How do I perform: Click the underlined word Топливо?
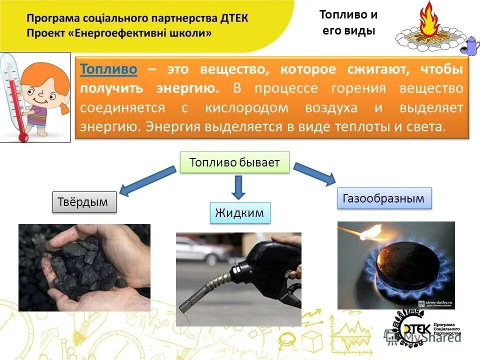(108, 69)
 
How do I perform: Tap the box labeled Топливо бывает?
(234, 163)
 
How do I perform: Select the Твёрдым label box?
(84, 202)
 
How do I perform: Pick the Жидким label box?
(239, 212)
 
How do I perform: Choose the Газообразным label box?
(384, 198)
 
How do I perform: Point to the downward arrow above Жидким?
(238, 187)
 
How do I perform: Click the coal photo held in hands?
(84, 267)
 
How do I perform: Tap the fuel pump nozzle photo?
(238, 279)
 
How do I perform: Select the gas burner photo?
(396, 265)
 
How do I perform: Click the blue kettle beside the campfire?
(471, 45)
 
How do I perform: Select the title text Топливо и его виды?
(348, 22)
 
